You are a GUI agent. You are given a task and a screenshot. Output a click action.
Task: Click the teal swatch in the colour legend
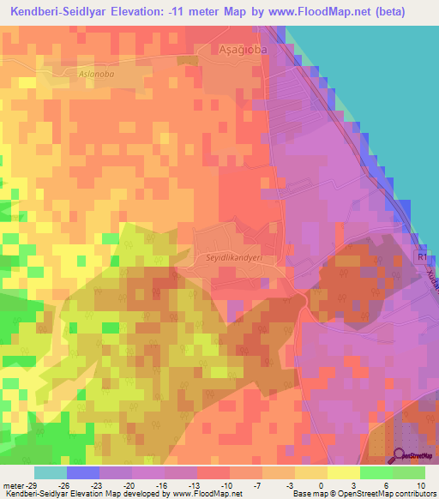51,472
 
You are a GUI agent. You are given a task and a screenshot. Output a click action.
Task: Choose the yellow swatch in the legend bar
343,472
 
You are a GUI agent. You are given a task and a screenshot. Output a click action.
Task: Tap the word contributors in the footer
413,494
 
